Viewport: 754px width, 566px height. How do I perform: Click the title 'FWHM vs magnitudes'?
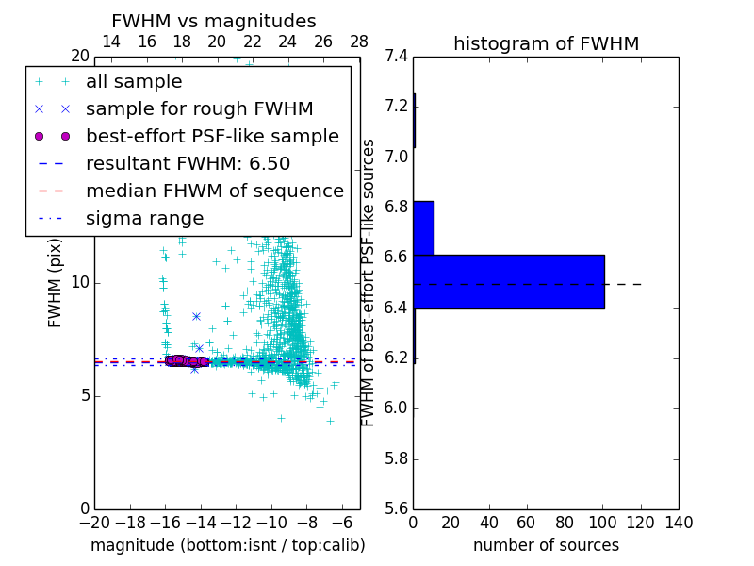[x=213, y=22]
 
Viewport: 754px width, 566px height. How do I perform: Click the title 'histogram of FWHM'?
[x=546, y=43]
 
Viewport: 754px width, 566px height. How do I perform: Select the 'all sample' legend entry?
[x=134, y=82]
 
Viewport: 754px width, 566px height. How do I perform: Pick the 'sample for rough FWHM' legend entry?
[x=199, y=109]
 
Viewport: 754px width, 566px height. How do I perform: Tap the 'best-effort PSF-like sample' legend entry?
[x=212, y=136]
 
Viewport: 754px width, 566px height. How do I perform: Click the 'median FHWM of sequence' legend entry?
[x=214, y=191]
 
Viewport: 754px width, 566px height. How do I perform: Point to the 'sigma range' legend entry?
[x=144, y=218]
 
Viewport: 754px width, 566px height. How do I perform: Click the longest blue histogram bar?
[x=508, y=281]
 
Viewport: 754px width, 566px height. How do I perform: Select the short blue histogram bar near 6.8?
[x=423, y=227]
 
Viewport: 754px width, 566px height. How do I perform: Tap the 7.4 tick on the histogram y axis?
[x=397, y=56]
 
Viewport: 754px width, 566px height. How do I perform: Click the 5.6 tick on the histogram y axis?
[x=397, y=508]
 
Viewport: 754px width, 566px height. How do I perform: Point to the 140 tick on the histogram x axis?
[x=678, y=523]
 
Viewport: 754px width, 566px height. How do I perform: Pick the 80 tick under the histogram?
[x=565, y=523]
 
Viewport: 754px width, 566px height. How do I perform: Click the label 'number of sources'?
[x=546, y=545]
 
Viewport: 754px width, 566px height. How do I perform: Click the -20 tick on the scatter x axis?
[x=94, y=523]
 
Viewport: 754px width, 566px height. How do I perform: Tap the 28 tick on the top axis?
[x=359, y=42]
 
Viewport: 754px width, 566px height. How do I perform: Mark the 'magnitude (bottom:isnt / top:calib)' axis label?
[x=227, y=545]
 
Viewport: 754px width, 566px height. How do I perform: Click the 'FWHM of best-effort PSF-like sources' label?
[x=369, y=282]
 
